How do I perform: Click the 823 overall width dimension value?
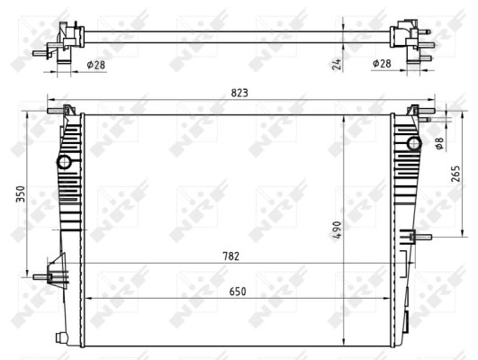[x=239, y=92]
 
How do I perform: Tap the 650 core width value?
[x=238, y=291]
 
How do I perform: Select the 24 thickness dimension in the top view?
[x=334, y=64]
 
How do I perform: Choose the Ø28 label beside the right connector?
[x=381, y=64]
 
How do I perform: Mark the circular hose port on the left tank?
[x=64, y=163]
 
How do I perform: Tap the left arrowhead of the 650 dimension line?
[x=87, y=298]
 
